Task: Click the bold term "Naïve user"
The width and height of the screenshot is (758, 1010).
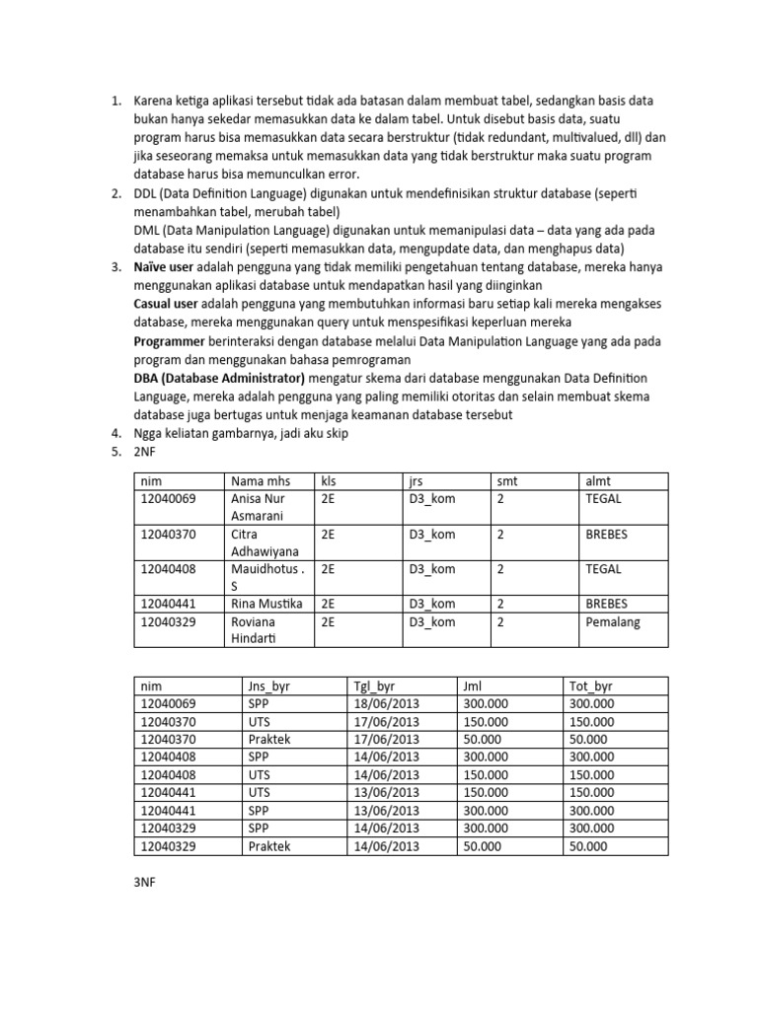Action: tap(164, 267)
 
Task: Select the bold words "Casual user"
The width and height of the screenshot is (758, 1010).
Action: tap(165, 304)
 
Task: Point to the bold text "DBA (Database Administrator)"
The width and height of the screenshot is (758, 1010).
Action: tap(219, 378)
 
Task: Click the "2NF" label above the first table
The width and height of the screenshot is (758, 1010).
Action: tap(146, 451)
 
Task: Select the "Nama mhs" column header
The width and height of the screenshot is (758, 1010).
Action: tap(256, 480)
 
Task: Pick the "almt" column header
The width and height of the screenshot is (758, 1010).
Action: tap(598, 480)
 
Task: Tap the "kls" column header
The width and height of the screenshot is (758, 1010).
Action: tap(329, 480)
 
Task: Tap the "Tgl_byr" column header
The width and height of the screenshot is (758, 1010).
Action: tap(373, 685)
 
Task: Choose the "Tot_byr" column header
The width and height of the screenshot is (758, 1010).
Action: tap(591, 685)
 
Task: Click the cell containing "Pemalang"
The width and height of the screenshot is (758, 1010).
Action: tap(612, 622)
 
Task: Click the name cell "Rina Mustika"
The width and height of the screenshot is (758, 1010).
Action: tap(266, 604)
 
